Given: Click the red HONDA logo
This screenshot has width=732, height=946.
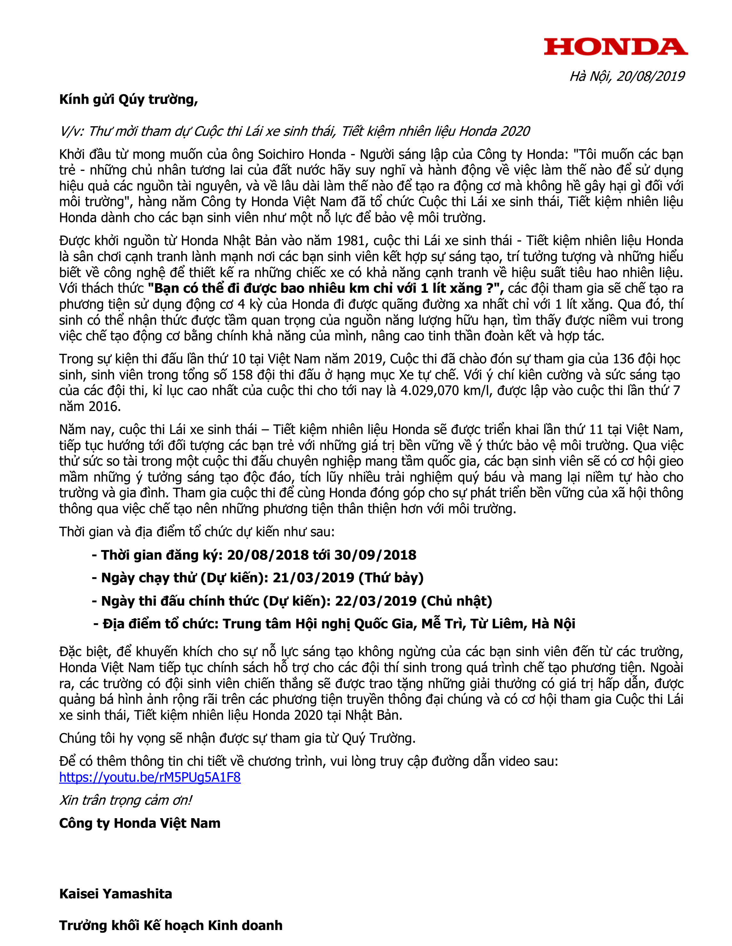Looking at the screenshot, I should coord(616,47).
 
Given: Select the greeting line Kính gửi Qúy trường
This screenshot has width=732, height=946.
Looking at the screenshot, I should coord(128,100).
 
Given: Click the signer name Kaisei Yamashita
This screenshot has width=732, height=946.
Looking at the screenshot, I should coord(115,894).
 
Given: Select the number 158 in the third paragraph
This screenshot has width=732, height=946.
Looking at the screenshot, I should coord(242,375).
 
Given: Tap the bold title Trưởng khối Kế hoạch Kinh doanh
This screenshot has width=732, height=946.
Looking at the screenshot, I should coord(171,926).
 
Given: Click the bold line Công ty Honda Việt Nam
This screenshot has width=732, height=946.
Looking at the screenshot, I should coord(139,823).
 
